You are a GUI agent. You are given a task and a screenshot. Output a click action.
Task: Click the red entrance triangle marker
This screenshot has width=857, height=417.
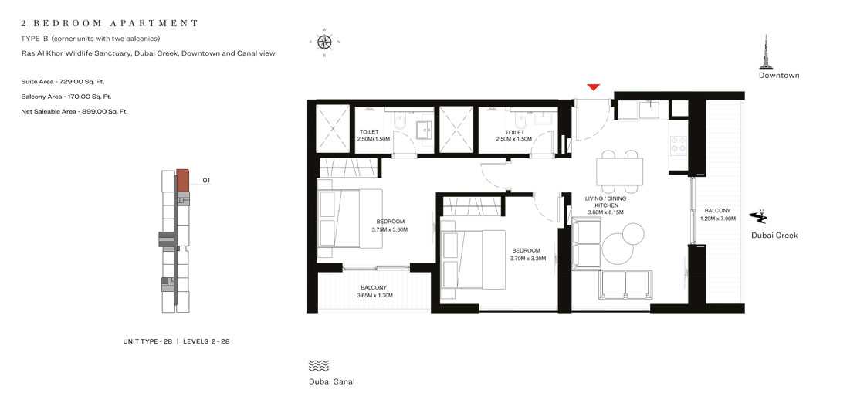coord(593,87)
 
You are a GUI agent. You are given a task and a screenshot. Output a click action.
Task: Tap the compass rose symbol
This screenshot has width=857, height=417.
coord(324,42)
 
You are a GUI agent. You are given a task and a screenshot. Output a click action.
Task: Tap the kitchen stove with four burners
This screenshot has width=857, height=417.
coord(679,144)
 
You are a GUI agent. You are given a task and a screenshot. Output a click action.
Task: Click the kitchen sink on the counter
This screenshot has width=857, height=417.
coord(649,110)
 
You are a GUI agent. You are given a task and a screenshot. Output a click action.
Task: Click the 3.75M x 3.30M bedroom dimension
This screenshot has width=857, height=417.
coord(389,229)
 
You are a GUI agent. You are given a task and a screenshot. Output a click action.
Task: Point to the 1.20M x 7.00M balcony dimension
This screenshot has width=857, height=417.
coord(717,219)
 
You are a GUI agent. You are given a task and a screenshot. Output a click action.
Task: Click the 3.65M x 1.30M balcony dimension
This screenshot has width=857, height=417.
coord(374,295)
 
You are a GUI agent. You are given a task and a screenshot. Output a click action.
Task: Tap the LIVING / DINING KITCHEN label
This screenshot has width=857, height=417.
coord(605,202)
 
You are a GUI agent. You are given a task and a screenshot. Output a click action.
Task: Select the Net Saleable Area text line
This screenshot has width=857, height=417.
coord(75,111)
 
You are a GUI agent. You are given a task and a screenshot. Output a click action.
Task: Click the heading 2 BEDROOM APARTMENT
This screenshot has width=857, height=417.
coord(110,23)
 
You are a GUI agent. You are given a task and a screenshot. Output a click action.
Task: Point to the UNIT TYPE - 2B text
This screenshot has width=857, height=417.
coord(147,341)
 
